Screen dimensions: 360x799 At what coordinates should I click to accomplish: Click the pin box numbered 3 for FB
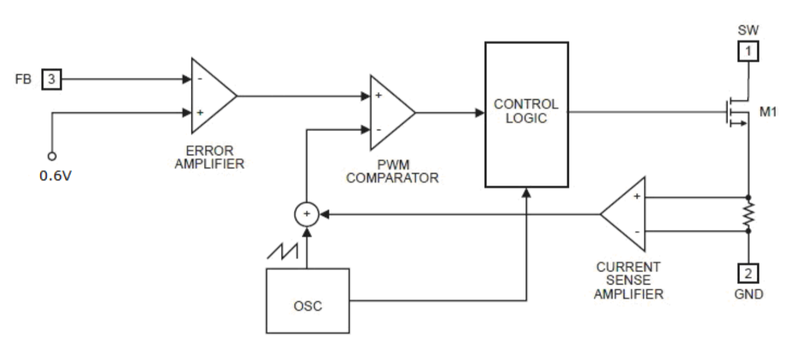[x=52, y=79]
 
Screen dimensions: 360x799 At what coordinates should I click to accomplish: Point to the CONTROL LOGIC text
[x=526, y=111]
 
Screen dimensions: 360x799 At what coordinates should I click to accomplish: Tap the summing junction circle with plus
[x=306, y=213]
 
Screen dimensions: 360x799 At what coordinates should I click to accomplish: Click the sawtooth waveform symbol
[x=282, y=250]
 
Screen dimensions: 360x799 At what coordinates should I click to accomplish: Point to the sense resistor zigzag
[x=748, y=214]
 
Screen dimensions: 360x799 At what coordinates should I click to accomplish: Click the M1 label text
[x=767, y=111]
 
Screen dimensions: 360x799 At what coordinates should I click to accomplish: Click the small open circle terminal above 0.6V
[x=52, y=156]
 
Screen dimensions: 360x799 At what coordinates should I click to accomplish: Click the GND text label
[x=748, y=294]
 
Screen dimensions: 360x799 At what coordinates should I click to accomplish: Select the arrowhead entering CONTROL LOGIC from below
[x=527, y=193]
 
